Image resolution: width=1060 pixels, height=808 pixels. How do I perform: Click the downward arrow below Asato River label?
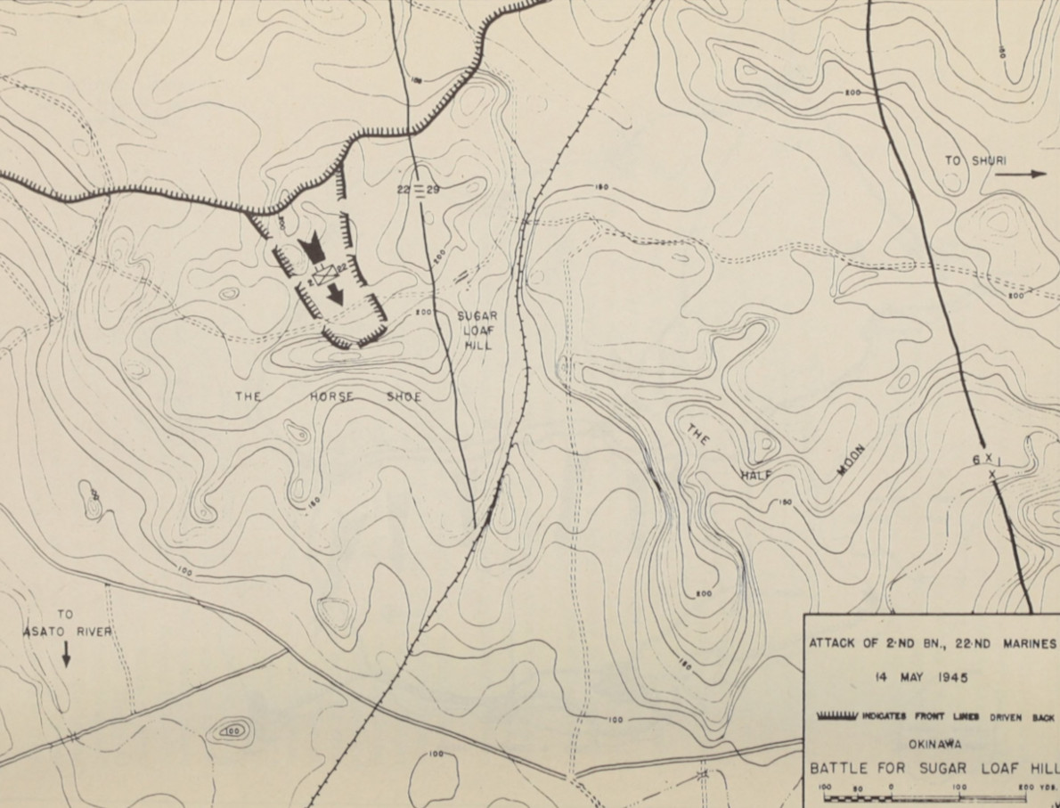tap(66, 655)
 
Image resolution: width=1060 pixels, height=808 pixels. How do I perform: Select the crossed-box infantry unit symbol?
tap(322, 276)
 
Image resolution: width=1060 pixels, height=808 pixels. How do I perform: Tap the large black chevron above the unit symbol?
tap(313, 249)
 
